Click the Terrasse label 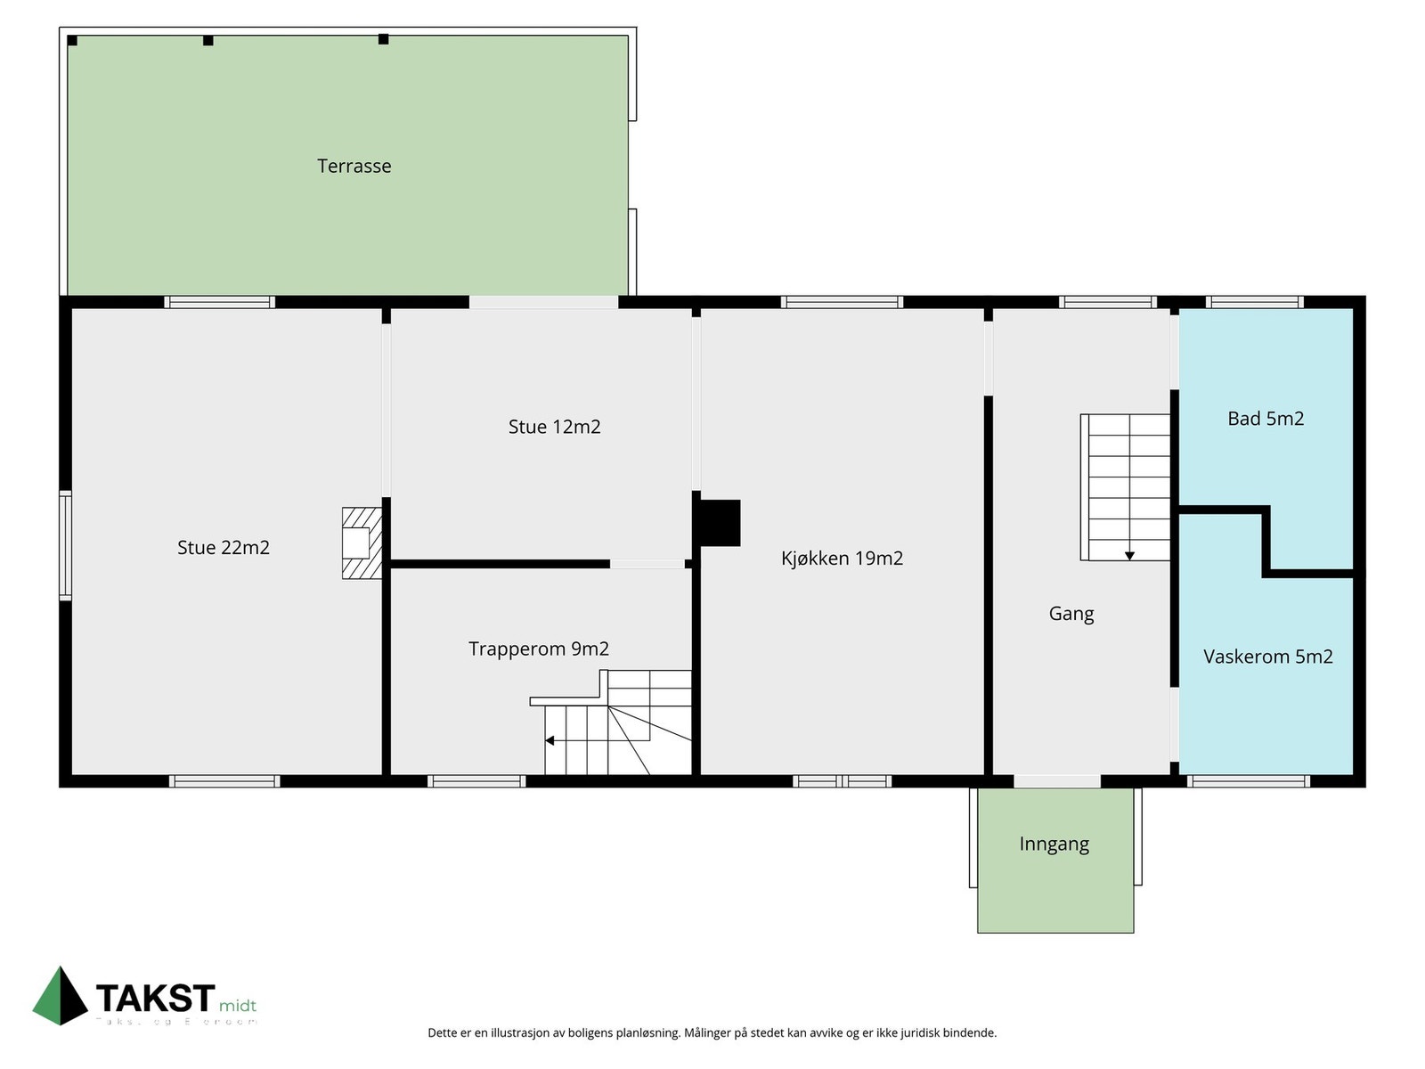pyautogui.click(x=354, y=166)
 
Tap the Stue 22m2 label pyautogui.click(x=223, y=547)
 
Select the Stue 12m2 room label pyautogui.click(x=554, y=427)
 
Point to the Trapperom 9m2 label pyautogui.click(x=538, y=649)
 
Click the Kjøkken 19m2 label pyautogui.click(x=842, y=559)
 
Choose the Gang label pyautogui.click(x=1071, y=613)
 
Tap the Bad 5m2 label pyautogui.click(x=1265, y=419)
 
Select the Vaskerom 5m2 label pyautogui.click(x=1267, y=657)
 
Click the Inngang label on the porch pyautogui.click(x=1054, y=844)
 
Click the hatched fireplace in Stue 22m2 pyautogui.click(x=362, y=543)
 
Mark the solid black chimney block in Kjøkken pyautogui.click(x=719, y=523)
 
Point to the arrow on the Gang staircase pyautogui.click(x=1129, y=555)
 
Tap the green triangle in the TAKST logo pyautogui.click(x=60, y=998)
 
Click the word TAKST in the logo pyautogui.click(x=155, y=998)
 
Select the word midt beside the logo pyautogui.click(x=237, y=1006)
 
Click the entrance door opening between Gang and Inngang pyautogui.click(x=1057, y=781)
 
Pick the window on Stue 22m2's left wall pyautogui.click(x=65, y=544)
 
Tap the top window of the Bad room pyautogui.click(x=1255, y=302)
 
